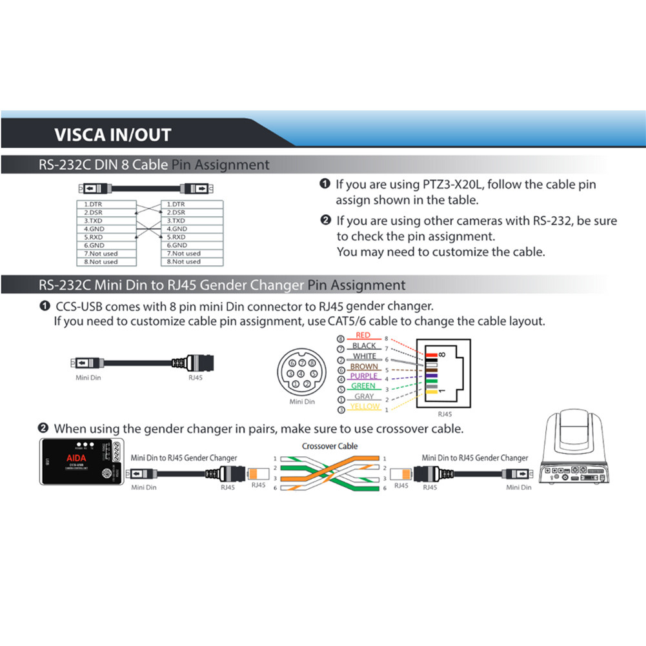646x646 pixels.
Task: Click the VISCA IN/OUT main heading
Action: tap(112, 135)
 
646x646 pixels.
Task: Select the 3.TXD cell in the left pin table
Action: tap(106, 221)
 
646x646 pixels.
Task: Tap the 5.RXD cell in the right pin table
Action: tap(192, 237)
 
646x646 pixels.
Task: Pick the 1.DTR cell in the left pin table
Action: tap(106, 204)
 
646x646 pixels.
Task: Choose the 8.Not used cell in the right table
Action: tap(192, 262)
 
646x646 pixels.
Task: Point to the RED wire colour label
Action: tap(363, 336)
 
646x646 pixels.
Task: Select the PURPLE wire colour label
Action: tap(363, 376)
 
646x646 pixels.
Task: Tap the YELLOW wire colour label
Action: tap(365, 407)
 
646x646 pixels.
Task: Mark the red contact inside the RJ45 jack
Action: tap(430, 353)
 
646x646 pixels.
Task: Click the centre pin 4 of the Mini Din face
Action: tap(301, 373)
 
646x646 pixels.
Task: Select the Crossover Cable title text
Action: tap(329, 446)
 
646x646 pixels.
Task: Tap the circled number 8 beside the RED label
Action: tap(340, 339)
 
